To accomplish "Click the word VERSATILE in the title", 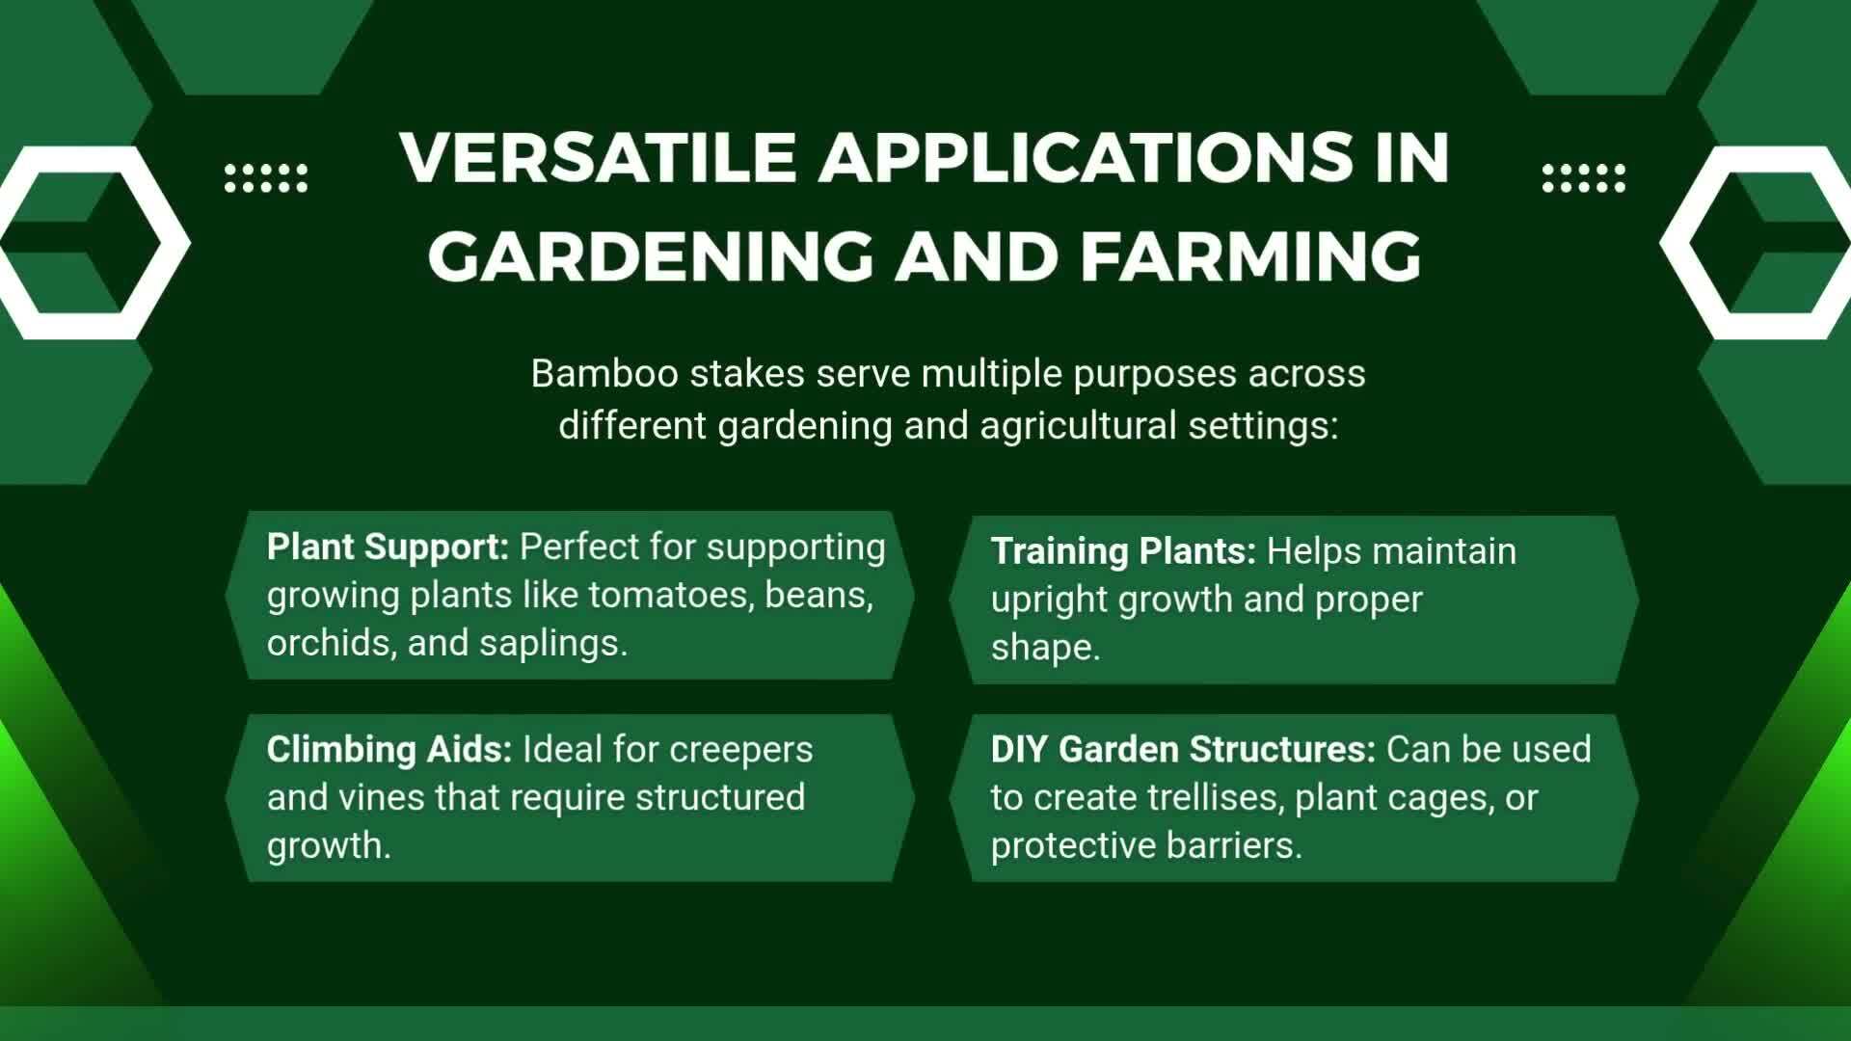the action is point(598,156).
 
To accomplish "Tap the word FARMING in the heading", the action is point(1250,255).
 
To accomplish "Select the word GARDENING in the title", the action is point(651,255).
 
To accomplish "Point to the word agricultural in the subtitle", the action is point(1078,426).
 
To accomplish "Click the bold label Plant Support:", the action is point(388,547).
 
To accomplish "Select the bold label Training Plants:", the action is point(1123,551).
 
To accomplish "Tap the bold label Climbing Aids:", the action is point(389,750).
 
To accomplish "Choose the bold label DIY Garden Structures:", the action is point(1183,749).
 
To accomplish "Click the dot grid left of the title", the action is point(266,178).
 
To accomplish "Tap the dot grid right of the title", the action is point(1584,178).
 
